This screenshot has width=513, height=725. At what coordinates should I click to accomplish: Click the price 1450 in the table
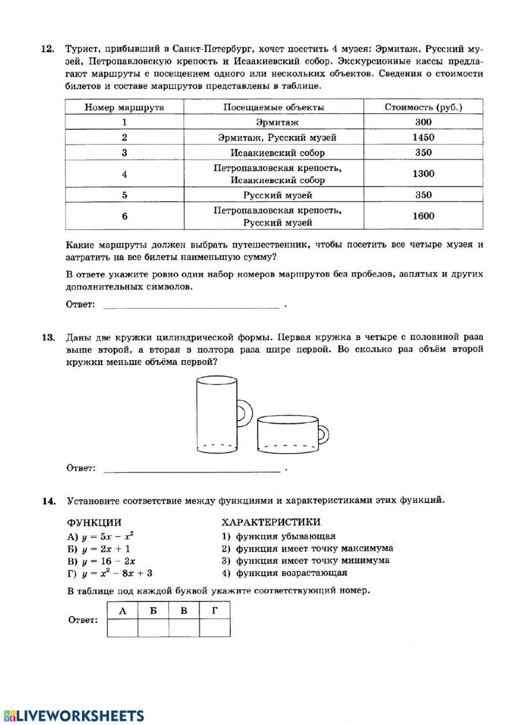pyautogui.click(x=423, y=137)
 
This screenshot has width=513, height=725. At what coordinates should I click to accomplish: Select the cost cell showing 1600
pyautogui.click(x=423, y=216)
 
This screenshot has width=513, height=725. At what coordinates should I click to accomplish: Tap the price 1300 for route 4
pyautogui.click(x=423, y=174)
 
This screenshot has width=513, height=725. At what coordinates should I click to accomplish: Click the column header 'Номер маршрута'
pyautogui.click(x=124, y=107)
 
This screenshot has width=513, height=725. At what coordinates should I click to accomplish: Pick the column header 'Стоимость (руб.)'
pyautogui.click(x=423, y=107)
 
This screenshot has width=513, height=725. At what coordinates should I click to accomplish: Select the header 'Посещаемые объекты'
pyautogui.click(x=273, y=107)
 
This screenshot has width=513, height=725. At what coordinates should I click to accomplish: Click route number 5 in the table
pyautogui.click(x=124, y=195)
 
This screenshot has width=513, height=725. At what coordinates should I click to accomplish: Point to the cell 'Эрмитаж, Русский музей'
pyautogui.click(x=277, y=138)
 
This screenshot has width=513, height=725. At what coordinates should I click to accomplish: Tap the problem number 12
pyautogui.click(x=48, y=49)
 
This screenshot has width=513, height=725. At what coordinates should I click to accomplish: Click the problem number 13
pyautogui.click(x=48, y=338)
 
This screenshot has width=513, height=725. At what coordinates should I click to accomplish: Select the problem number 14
pyautogui.click(x=48, y=501)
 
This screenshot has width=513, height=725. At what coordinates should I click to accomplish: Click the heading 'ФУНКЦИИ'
pyautogui.click(x=94, y=523)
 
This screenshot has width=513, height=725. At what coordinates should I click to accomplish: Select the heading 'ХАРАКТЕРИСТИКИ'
pyautogui.click(x=270, y=522)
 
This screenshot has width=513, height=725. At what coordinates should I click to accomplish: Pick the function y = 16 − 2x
pyautogui.click(x=108, y=561)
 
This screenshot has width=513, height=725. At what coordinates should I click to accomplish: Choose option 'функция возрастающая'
pyautogui.click(x=291, y=573)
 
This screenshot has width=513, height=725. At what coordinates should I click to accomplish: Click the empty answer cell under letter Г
pyautogui.click(x=214, y=628)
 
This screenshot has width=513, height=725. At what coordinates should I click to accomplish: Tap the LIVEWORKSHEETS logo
pyautogui.click(x=73, y=716)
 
